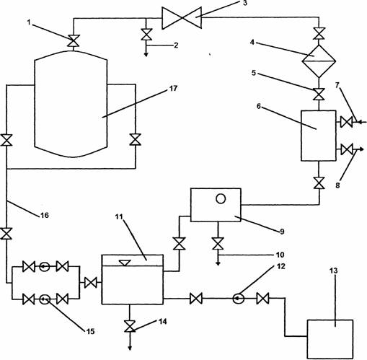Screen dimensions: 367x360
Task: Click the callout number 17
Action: [x=173, y=89]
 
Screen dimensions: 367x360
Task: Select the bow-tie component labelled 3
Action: [x=182, y=18]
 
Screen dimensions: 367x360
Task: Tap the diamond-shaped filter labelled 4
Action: [x=319, y=61]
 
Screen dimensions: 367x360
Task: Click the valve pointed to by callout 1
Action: [x=74, y=40]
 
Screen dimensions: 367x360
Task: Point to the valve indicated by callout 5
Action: [x=319, y=95]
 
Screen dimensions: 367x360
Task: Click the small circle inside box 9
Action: [x=221, y=199]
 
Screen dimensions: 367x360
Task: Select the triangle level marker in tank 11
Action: [x=125, y=263]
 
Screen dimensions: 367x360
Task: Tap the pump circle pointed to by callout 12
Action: [x=239, y=299]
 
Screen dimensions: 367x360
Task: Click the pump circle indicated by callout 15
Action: [x=45, y=299]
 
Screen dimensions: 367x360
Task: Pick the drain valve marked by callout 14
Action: [x=130, y=326]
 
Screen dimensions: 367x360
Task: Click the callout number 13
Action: [x=334, y=271]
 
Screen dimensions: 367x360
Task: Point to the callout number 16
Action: [x=45, y=215]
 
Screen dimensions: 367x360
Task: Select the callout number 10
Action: [x=280, y=255]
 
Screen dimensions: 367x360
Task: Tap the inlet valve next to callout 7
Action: [x=347, y=122]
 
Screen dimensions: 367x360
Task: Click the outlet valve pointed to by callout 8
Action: [x=347, y=149]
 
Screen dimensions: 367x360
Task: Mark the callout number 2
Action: [x=176, y=45]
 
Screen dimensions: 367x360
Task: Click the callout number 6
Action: [x=259, y=106]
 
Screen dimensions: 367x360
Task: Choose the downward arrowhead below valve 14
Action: [x=130, y=348]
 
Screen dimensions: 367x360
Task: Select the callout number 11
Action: [x=119, y=216]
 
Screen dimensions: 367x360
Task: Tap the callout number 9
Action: [x=282, y=232]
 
